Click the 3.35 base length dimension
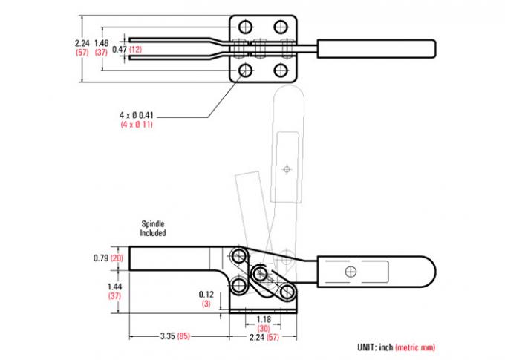[x=168, y=336]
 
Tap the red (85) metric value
[x=183, y=336]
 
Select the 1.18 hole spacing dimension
[x=264, y=320]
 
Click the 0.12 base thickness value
[x=206, y=295]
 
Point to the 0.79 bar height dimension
[x=101, y=258]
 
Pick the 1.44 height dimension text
[x=114, y=287]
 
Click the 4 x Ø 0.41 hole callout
[x=137, y=115]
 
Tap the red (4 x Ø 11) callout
[x=137, y=125]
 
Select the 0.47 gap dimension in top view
[x=119, y=49]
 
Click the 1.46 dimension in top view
[x=102, y=43]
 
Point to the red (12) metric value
[x=136, y=49]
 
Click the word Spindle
[x=153, y=223]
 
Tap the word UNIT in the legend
[x=367, y=347]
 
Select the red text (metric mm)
[x=415, y=347]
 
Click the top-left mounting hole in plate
[x=246, y=27]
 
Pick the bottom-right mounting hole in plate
[x=281, y=70]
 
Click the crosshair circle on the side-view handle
[x=351, y=272]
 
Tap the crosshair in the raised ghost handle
[x=287, y=168]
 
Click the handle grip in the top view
[x=377, y=49]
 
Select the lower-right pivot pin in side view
[x=287, y=292]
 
